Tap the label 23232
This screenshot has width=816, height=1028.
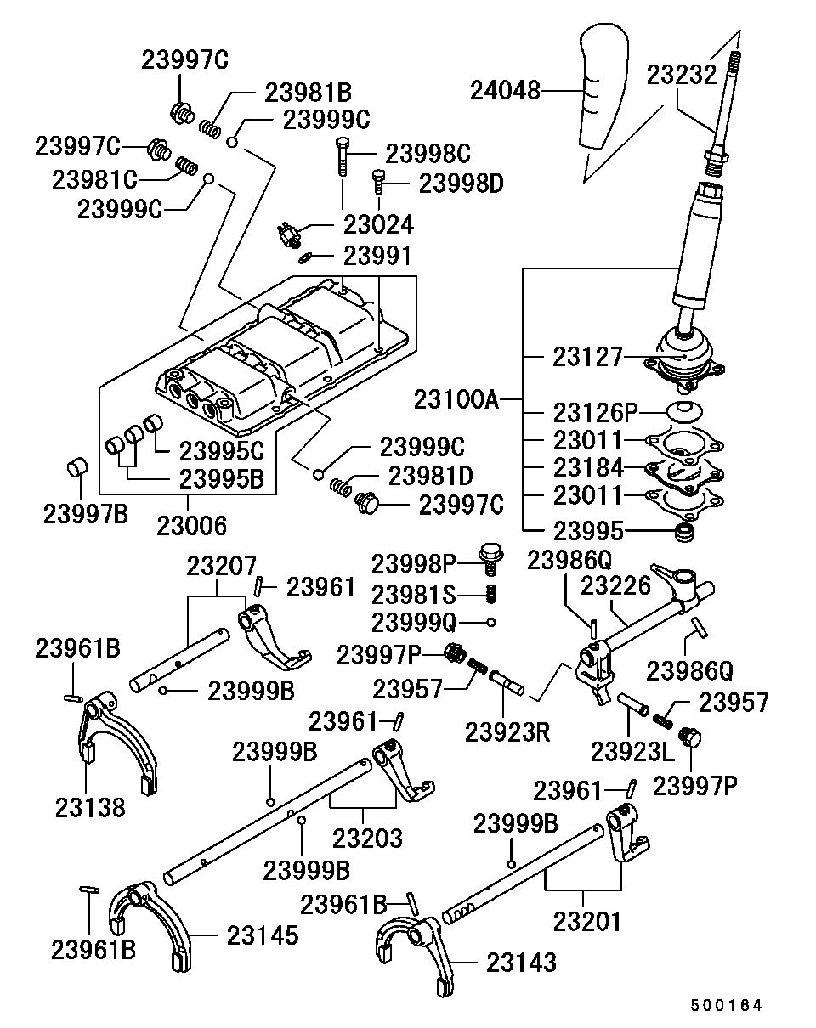(x=682, y=75)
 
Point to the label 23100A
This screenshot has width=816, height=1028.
(x=456, y=397)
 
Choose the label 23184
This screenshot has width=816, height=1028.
(x=588, y=467)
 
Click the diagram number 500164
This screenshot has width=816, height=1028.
(x=726, y=1005)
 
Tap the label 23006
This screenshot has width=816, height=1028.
(x=191, y=526)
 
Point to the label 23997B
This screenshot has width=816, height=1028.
(x=86, y=512)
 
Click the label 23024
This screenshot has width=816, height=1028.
(x=378, y=224)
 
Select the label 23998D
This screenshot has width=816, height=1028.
(x=462, y=183)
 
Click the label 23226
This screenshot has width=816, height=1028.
(x=615, y=585)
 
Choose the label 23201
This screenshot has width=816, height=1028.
(x=587, y=920)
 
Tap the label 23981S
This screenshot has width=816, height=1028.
(x=413, y=592)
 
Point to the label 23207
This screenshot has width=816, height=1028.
(x=222, y=564)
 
